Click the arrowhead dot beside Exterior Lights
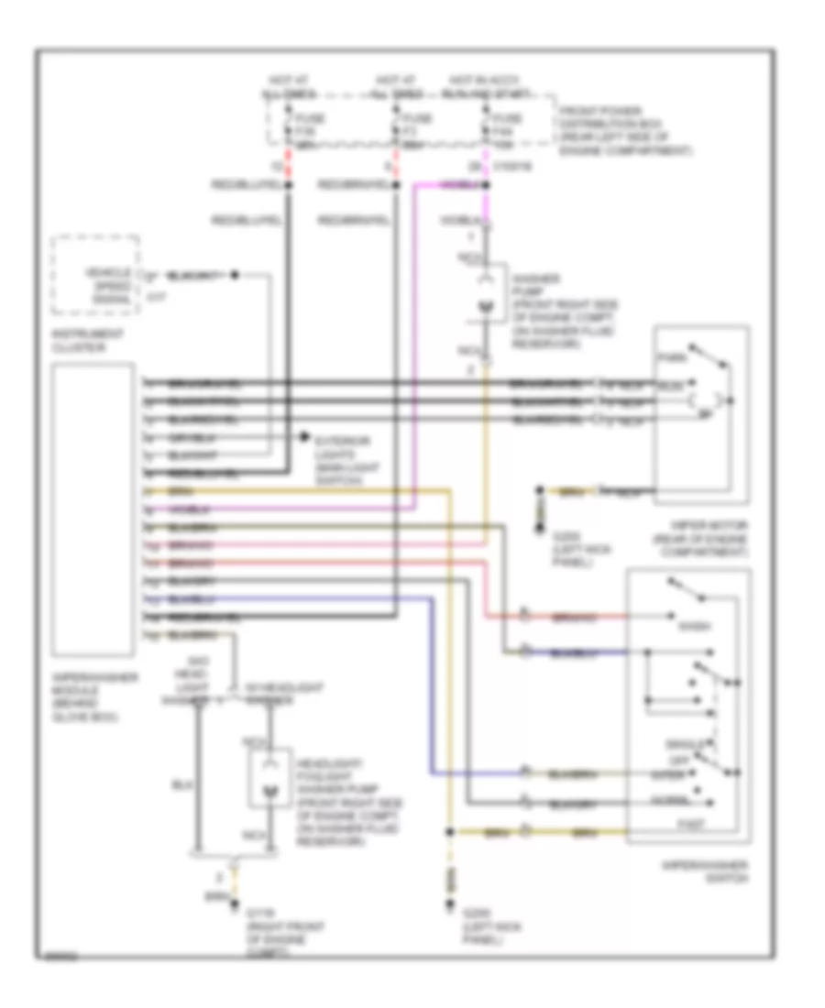(x=305, y=439)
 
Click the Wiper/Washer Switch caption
(x=702, y=871)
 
